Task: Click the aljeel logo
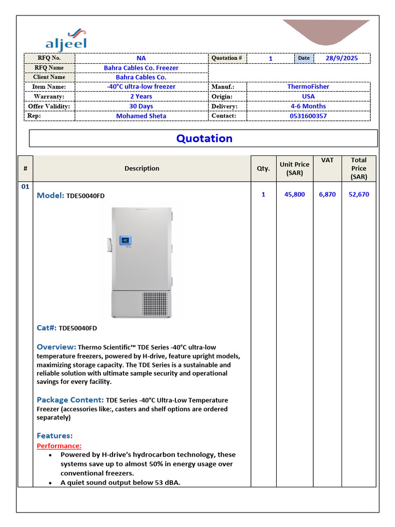(x=66, y=39)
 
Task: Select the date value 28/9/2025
(x=342, y=58)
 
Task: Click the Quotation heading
(x=204, y=138)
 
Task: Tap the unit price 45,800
(x=294, y=195)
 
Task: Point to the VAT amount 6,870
(x=327, y=195)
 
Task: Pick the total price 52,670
(x=358, y=195)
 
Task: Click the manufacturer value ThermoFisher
(x=308, y=86)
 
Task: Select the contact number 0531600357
(x=308, y=116)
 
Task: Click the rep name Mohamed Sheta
(x=141, y=116)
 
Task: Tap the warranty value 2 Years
(x=141, y=96)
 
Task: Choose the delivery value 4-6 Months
(x=308, y=106)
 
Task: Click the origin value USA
(x=308, y=96)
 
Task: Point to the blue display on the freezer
(x=125, y=240)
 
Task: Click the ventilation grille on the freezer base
(x=155, y=304)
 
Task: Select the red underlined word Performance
(x=59, y=446)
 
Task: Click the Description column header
(x=141, y=168)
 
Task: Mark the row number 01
(x=25, y=187)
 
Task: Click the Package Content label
(x=70, y=400)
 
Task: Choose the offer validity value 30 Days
(x=141, y=106)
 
